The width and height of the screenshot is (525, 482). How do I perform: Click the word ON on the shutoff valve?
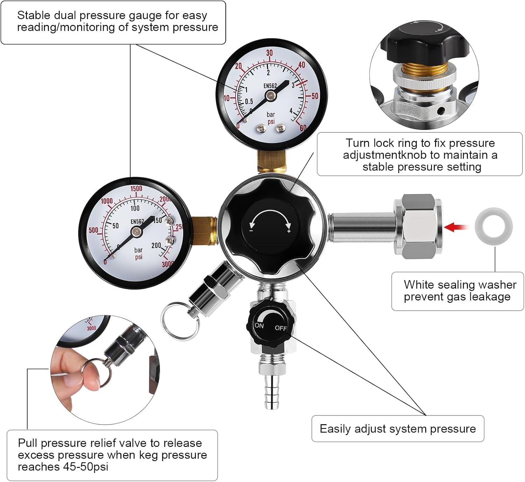point(259,325)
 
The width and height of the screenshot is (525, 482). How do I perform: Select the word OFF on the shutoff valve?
point(281,328)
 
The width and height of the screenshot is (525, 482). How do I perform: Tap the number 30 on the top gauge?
point(269,53)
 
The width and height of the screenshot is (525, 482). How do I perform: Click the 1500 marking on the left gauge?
point(136,188)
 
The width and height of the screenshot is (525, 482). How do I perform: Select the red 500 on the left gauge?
point(93,230)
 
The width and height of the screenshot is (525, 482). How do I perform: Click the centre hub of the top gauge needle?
point(271,95)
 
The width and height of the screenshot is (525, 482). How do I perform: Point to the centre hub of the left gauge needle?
point(136,231)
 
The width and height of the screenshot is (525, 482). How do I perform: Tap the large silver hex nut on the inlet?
point(417,227)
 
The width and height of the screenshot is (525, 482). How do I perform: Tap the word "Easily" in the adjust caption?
point(335,429)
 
